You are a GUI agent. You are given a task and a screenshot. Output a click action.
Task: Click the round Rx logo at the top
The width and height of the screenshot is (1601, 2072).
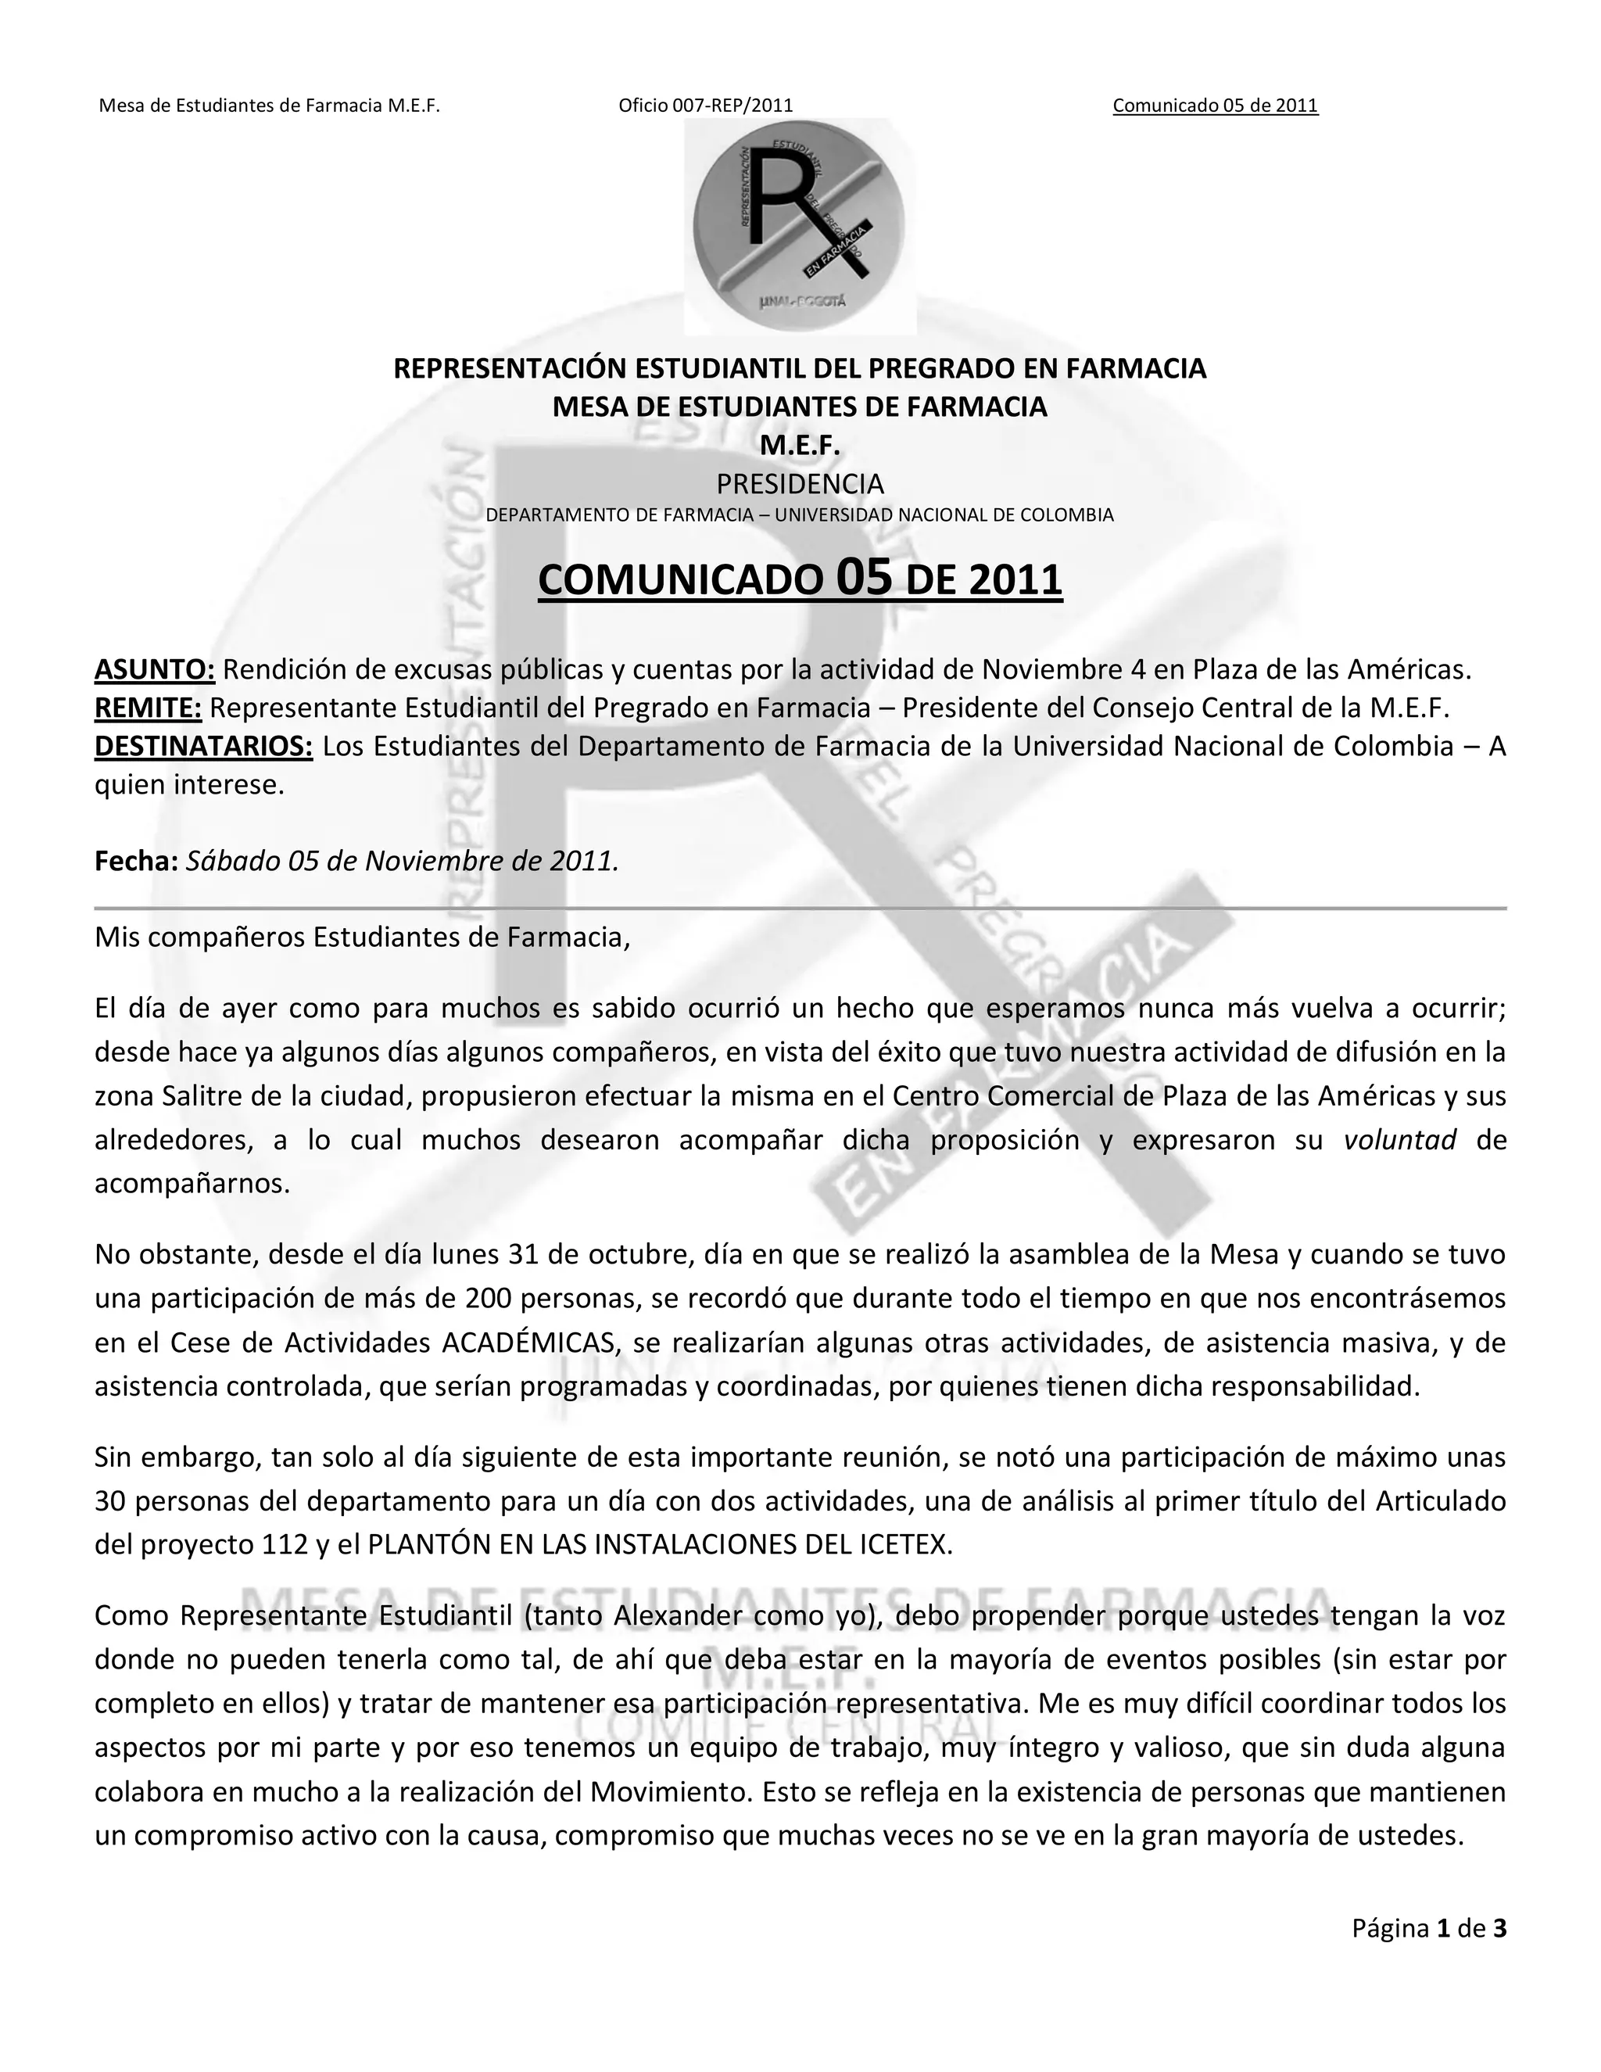click(x=800, y=226)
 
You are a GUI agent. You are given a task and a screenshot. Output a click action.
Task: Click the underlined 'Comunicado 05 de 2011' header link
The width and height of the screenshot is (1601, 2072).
click(x=1215, y=106)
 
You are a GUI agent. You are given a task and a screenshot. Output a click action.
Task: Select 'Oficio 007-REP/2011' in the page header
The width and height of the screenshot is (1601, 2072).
click(x=706, y=106)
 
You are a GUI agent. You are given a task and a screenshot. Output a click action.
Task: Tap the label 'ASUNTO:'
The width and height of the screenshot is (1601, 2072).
click(x=155, y=670)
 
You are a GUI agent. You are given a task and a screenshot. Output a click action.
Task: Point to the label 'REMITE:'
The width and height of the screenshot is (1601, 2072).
click(x=148, y=708)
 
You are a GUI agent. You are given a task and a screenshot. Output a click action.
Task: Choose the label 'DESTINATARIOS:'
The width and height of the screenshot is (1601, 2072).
click(x=203, y=747)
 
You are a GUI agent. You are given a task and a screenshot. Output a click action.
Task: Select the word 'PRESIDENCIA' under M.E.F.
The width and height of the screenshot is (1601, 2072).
click(x=800, y=484)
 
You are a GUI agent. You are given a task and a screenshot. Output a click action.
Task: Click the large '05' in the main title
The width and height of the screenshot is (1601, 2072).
click(x=864, y=578)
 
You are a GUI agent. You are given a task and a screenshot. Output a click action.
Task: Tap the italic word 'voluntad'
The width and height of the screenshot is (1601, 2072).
click(x=1399, y=1140)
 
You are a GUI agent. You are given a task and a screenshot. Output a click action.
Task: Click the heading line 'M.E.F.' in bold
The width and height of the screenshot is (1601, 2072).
click(x=800, y=445)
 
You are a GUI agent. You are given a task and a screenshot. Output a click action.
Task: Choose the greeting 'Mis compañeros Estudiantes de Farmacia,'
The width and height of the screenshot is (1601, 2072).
click(x=362, y=937)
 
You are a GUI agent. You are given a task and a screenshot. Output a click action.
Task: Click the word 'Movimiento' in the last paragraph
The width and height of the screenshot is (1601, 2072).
click(x=667, y=1792)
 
